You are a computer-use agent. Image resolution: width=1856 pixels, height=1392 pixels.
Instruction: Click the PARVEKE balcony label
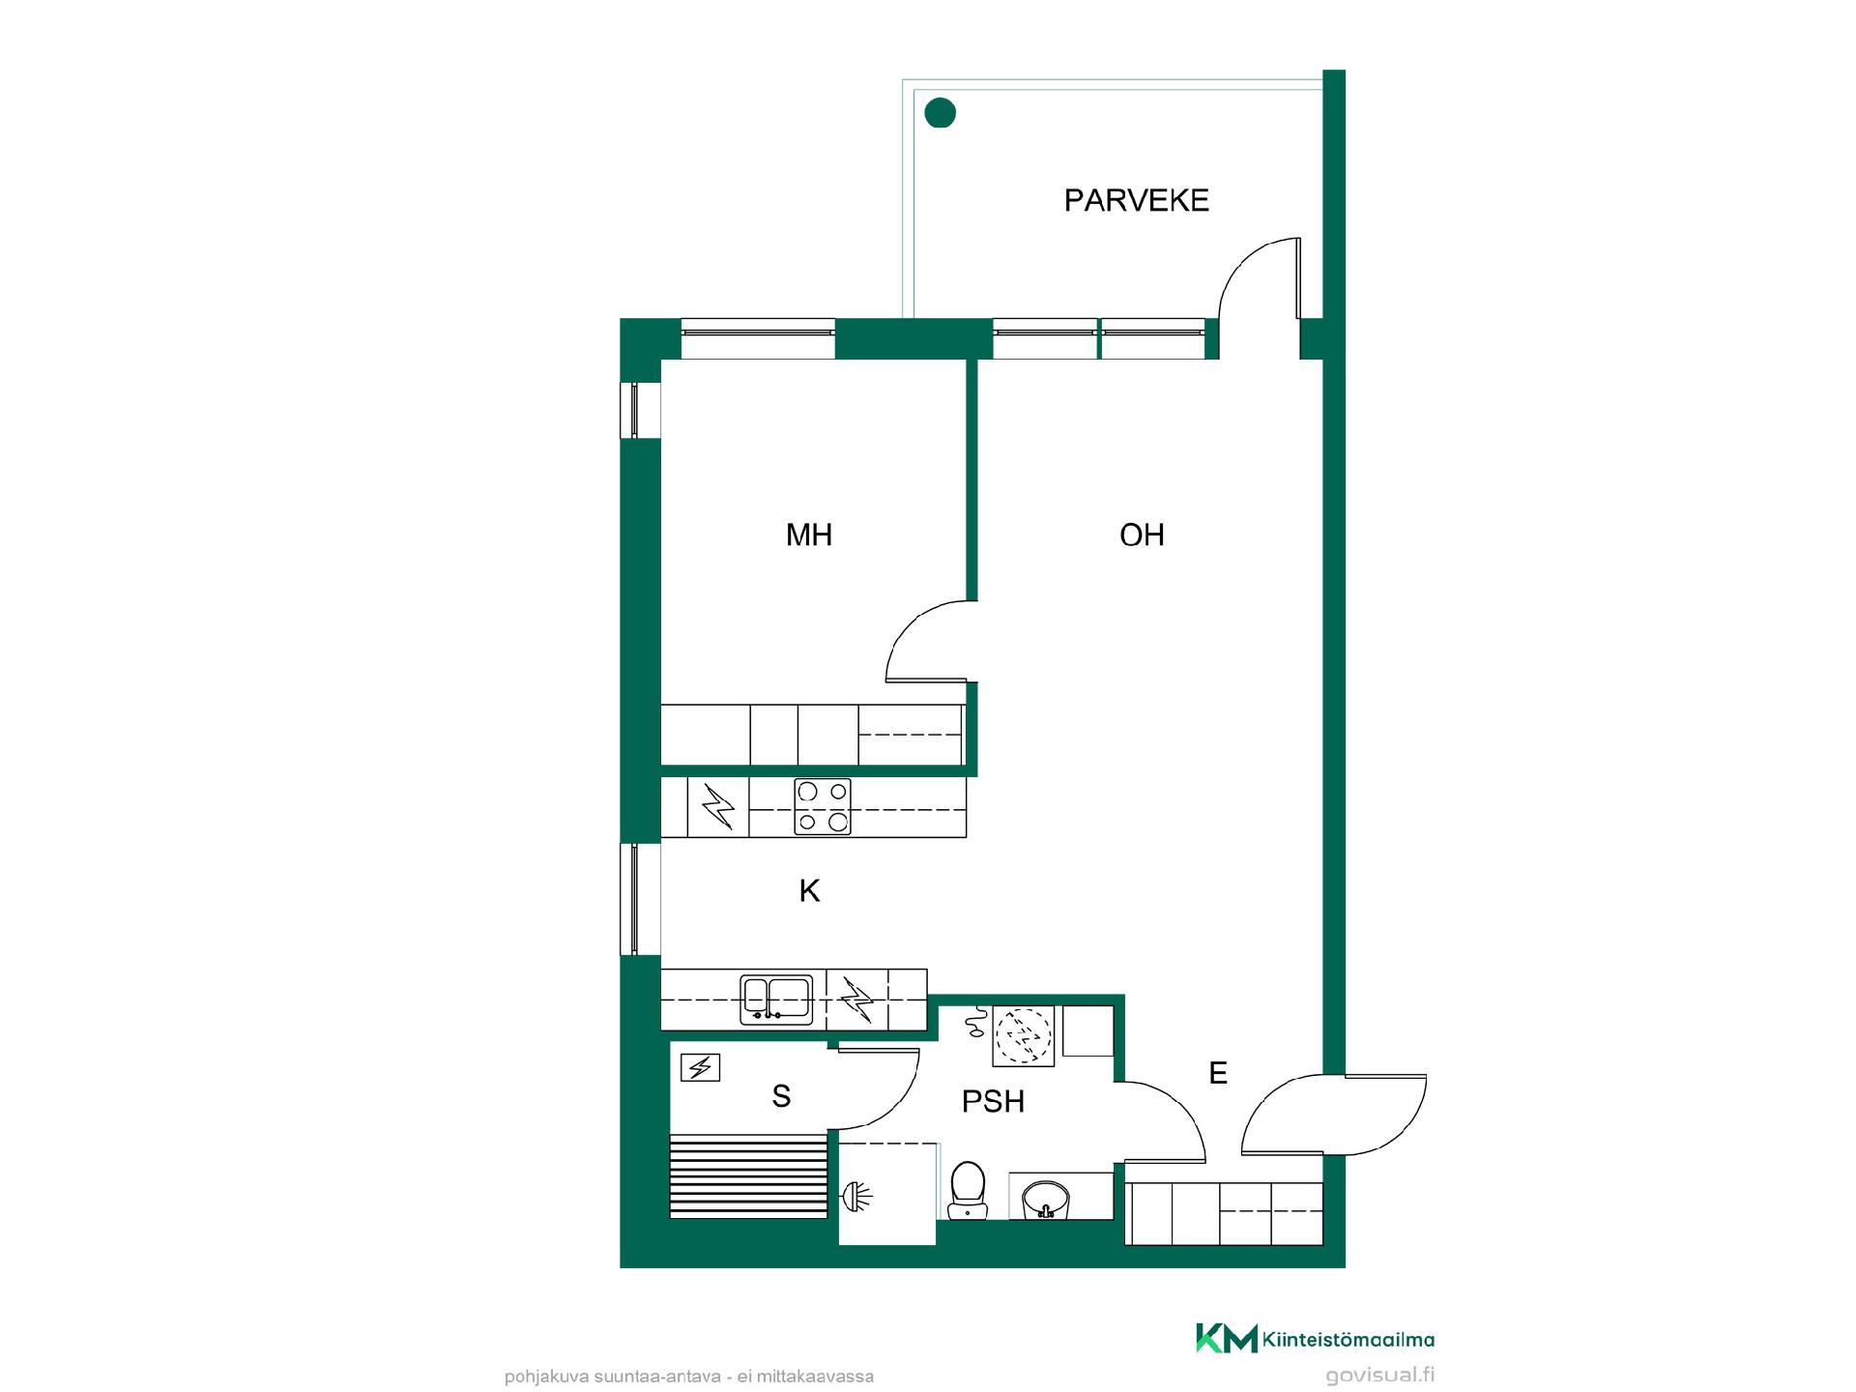coord(1136,200)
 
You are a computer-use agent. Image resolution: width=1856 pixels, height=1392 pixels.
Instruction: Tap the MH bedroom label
coord(809,535)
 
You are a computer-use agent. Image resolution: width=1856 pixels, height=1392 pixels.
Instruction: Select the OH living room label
coord(1142,535)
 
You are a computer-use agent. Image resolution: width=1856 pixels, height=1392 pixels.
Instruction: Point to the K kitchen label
coord(809,890)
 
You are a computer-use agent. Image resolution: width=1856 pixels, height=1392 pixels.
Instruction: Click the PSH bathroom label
coord(993,1101)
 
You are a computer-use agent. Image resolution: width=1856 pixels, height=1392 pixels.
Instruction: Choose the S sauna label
coord(782,1096)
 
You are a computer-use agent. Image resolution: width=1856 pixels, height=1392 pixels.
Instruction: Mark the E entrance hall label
coord(1218,1072)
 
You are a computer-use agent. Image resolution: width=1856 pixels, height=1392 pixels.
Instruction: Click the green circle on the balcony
coord(941,113)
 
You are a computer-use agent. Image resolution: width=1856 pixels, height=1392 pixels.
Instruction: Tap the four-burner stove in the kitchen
coord(823,806)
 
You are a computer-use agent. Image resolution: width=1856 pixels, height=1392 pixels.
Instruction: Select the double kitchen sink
coord(776,999)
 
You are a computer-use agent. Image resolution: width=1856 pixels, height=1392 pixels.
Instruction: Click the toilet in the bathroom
coord(968,1190)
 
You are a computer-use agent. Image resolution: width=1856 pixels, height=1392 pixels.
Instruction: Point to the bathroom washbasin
coord(1045,1198)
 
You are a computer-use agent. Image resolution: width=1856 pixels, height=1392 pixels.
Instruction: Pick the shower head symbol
coord(856,1197)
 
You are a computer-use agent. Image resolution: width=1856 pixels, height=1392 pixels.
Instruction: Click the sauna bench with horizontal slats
coord(749,1176)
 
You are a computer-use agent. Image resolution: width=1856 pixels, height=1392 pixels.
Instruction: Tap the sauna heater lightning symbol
coord(700,1067)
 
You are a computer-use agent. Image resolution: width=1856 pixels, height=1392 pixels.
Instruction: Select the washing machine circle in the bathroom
coord(1023,1035)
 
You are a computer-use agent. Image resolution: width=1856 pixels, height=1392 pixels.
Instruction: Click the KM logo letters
coord(1227,1338)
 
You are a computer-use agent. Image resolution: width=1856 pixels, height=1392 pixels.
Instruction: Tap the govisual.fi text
coord(1379,1375)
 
